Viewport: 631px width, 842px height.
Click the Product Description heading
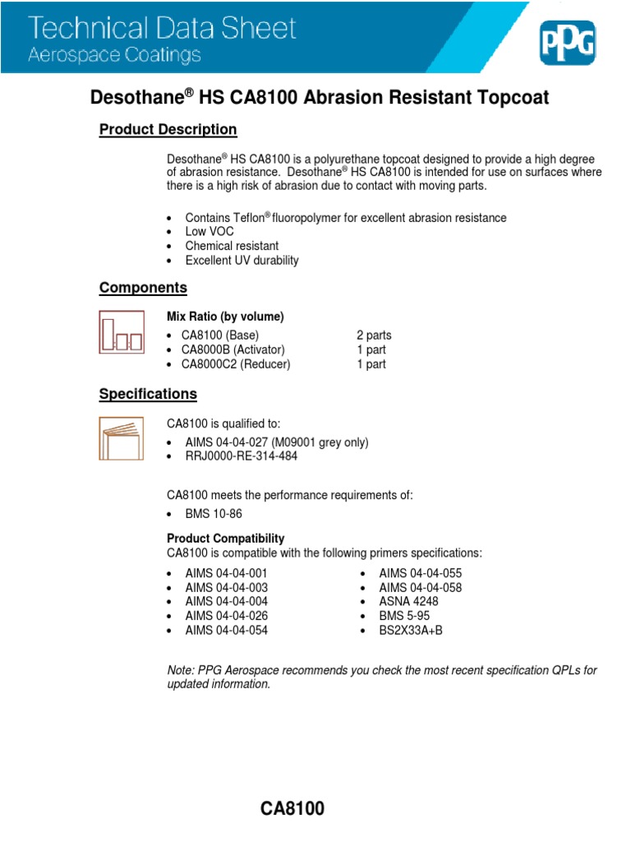[168, 130]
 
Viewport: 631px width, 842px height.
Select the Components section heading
[143, 288]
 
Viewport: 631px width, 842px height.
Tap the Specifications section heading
[148, 394]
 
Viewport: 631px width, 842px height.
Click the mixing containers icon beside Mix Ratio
[121, 332]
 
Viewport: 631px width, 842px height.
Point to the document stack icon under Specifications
[121, 438]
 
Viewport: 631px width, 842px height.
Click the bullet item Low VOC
[210, 232]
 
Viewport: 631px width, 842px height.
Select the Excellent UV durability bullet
[242, 261]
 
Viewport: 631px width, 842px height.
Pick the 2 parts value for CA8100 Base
[374, 335]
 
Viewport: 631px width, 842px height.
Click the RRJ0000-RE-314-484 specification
[242, 456]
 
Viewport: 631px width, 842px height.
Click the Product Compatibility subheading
[226, 539]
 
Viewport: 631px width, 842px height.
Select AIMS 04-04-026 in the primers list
[226, 616]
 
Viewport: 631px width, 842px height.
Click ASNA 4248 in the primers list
[408, 601]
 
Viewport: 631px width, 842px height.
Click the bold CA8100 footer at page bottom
[292, 809]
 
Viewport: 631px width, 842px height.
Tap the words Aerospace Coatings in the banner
[115, 56]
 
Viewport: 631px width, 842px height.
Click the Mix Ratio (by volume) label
[225, 317]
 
